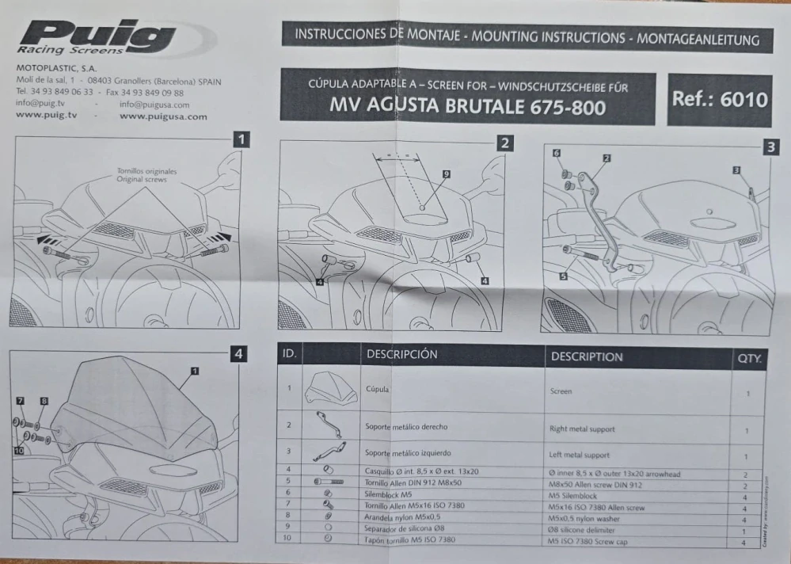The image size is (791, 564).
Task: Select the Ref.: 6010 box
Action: pos(719,100)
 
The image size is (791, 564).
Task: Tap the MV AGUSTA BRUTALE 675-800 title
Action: pos(468,105)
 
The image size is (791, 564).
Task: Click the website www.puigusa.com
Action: pos(163,116)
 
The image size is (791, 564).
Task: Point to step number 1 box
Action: pos(242,140)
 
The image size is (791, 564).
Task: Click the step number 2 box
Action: pos(504,143)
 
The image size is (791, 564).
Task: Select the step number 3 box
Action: pos(770,147)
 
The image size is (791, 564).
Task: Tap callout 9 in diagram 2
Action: pos(447,173)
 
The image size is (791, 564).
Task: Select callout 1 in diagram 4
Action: pos(194,370)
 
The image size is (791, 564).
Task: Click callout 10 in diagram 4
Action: pos(17,450)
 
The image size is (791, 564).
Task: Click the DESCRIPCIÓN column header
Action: pos(401,355)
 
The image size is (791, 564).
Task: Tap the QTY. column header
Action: pos(749,359)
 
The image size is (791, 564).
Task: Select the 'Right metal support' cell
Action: pos(582,429)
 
